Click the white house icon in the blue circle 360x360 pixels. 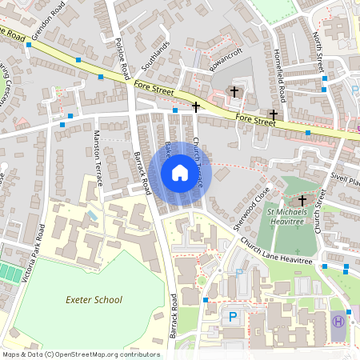(180, 173)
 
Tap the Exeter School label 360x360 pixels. (94, 299)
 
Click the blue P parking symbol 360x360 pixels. (234, 317)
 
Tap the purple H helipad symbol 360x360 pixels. (338, 321)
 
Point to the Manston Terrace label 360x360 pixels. (98, 158)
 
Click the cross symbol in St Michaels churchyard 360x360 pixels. (302, 199)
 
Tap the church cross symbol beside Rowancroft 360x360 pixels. (234, 91)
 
